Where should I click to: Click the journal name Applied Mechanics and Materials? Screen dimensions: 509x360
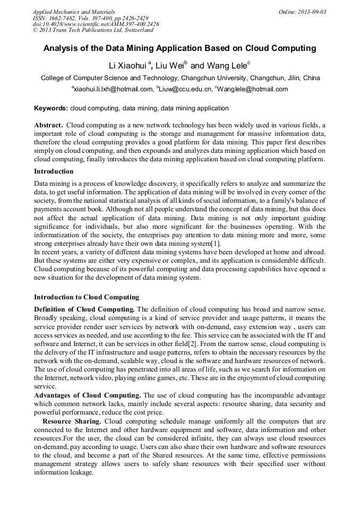74,11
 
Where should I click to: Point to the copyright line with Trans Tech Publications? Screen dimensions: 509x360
93,30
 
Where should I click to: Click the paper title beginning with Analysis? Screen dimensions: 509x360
179,48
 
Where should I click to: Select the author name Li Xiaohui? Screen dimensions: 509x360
128,66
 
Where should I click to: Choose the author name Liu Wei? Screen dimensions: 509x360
169,66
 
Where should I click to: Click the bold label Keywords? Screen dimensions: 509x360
51,108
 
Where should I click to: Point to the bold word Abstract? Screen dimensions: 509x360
48,125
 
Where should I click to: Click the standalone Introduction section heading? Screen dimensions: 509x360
54,171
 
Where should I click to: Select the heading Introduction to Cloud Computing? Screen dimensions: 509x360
86,297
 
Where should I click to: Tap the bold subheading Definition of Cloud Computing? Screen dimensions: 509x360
84,309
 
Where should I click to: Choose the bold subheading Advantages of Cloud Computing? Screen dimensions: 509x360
87,395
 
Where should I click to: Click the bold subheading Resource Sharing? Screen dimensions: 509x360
73,421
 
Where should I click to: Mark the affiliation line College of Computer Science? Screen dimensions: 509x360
180,78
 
